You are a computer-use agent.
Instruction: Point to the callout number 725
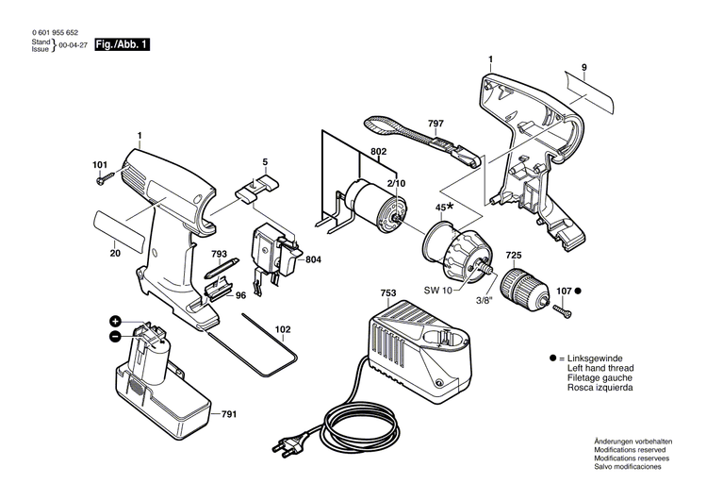coord(513,256)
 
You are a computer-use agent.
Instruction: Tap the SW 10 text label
coord(437,291)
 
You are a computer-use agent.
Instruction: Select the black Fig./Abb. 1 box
coord(123,44)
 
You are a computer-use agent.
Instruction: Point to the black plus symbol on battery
coord(115,322)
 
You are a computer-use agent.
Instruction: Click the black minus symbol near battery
coord(115,335)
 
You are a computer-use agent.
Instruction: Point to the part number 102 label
coord(282,330)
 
